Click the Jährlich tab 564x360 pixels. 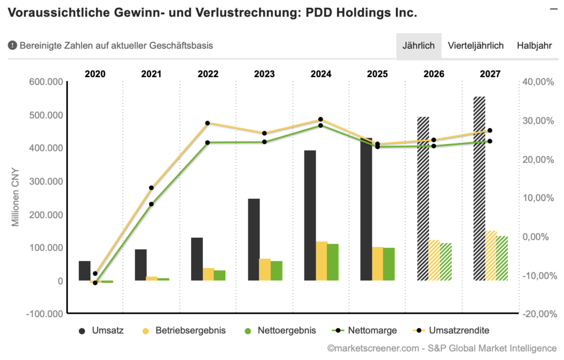[x=419, y=46]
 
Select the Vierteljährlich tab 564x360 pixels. [x=476, y=46]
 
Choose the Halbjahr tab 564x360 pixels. [x=534, y=46]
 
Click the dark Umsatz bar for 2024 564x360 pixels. [x=310, y=215]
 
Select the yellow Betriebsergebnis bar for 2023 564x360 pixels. [x=265, y=270]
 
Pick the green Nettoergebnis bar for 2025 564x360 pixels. [x=389, y=264]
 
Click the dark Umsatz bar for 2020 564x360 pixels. [x=84, y=271]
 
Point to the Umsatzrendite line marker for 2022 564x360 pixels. [x=208, y=123]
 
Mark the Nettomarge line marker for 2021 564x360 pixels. [x=151, y=204]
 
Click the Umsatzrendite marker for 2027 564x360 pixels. [x=490, y=130]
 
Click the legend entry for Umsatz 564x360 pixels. [x=102, y=331]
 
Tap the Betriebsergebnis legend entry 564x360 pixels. [x=182, y=331]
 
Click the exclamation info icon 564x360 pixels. [x=12, y=46]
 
